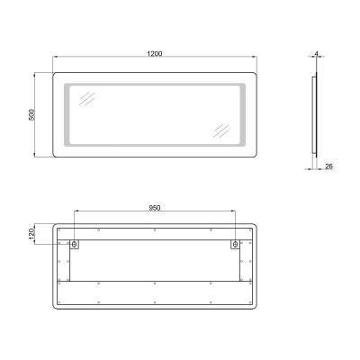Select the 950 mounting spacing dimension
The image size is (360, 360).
(x=155, y=206)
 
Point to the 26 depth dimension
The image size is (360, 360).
(x=330, y=167)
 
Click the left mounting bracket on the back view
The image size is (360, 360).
(x=75, y=244)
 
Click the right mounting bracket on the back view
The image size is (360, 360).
(x=236, y=244)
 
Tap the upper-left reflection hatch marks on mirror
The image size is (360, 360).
(x=89, y=99)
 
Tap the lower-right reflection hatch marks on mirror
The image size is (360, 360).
(x=221, y=128)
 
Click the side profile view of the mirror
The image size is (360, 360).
(x=314, y=117)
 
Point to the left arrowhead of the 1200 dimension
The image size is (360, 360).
(x=56, y=59)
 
